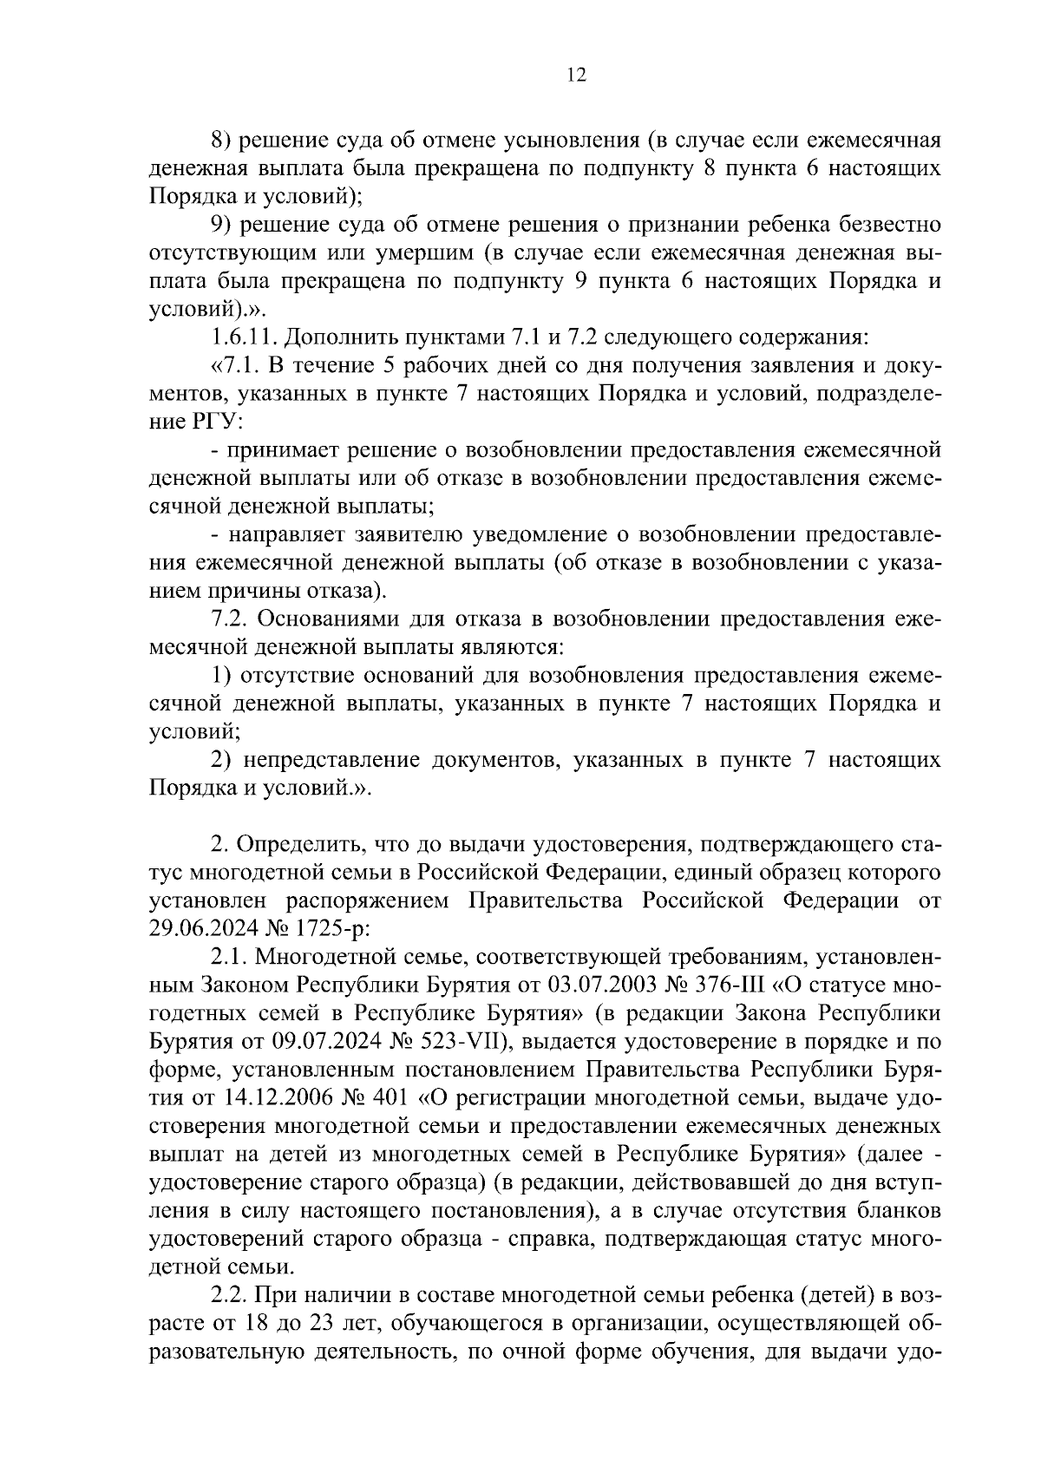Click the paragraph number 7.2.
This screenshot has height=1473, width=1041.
230,619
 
